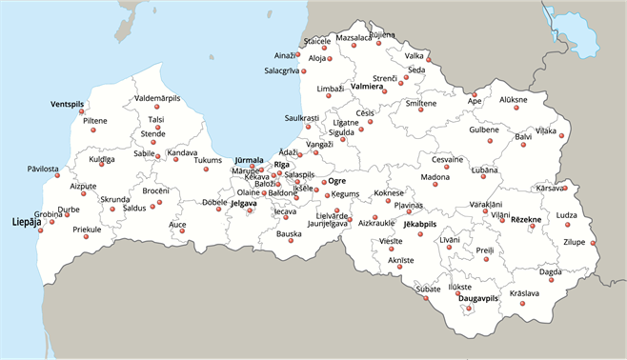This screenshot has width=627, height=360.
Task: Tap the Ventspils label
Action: pos(68,103)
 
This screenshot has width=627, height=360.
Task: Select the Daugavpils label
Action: pos(478,298)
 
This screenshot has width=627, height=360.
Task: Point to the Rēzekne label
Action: pos(526,220)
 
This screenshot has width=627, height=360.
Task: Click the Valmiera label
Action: pos(367,87)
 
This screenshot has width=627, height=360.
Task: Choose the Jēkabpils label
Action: pos(419,224)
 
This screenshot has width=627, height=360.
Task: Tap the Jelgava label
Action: pos(244,203)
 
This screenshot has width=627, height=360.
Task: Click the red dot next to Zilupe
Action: pos(593,245)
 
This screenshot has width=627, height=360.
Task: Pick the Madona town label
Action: pos(435,177)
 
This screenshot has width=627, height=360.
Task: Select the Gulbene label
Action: pos(484,130)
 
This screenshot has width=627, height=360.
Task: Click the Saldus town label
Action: pos(134,207)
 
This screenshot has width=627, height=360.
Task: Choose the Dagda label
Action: pos(551,271)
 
